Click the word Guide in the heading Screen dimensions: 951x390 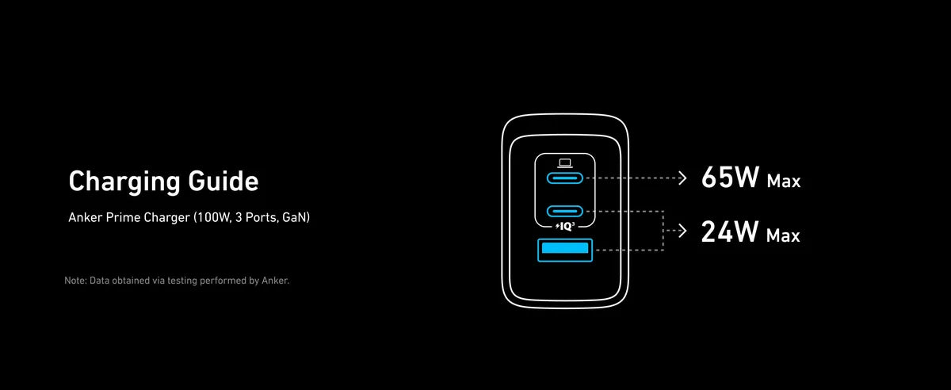click(x=223, y=181)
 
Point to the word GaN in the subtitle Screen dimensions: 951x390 click(x=294, y=217)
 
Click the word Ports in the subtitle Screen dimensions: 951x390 click(x=261, y=217)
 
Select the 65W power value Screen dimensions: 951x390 click(x=730, y=177)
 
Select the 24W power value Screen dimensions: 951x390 click(x=730, y=231)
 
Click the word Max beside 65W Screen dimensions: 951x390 click(x=783, y=182)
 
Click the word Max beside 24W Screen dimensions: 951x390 click(x=783, y=235)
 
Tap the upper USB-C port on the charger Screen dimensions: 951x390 click(x=564, y=178)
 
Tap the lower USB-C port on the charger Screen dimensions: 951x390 click(x=564, y=211)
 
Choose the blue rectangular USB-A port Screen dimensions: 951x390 click(x=564, y=250)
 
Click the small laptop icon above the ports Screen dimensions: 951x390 click(x=564, y=163)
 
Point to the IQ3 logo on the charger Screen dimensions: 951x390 click(x=565, y=227)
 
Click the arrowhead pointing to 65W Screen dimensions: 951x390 click(x=682, y=178)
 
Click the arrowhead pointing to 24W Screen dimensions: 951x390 click(x=682, y=231)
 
